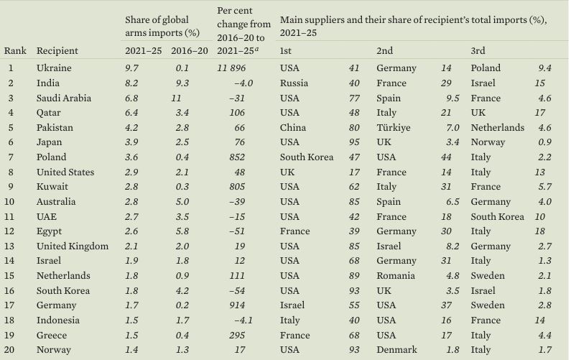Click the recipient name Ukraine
[x=52, y=68]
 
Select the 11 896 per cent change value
[x=236, y=68]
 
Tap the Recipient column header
[x=57, y=51]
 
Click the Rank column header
[x=15, y=51]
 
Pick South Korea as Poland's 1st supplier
[x=307, y=157]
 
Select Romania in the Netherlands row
[x=397, y=276]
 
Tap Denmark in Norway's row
[x=396, y=350]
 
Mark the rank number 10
[x=11, y=202]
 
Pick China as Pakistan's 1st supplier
[x=292, y=128]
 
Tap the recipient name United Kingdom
[x=72, y=246]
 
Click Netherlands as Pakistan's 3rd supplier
[x=497, y=128]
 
